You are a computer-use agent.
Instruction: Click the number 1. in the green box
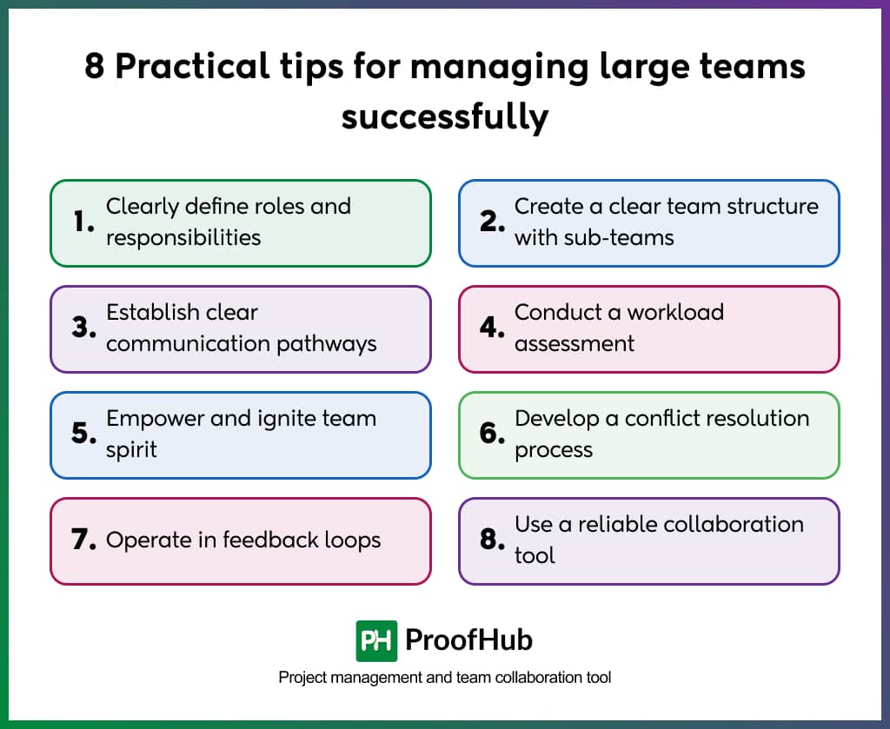point(83,222)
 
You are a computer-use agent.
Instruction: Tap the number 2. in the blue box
point(493,222)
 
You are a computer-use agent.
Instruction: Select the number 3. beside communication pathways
point(83,328)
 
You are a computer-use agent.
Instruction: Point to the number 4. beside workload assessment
point(493,328)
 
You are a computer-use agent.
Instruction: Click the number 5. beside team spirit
point(83,434)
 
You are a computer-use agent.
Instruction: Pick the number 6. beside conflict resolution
point(493,434)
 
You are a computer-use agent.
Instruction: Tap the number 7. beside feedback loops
point(83,540)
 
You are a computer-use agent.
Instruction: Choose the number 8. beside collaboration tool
point(493,540)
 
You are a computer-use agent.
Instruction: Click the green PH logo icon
point(376,641)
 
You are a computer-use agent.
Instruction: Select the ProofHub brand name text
point(469,641)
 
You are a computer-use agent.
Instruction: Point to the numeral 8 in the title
point(95,67)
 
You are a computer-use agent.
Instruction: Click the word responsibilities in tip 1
point(183,238)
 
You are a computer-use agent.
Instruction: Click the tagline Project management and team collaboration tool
point(445,677)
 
